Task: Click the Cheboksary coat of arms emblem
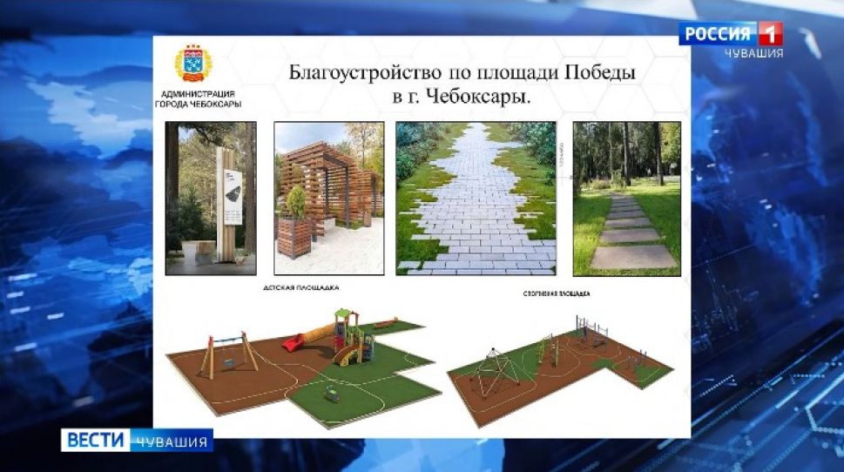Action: [x=192, y=65]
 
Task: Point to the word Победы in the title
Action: [x=598, y=73]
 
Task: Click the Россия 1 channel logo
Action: [x=731, y=34]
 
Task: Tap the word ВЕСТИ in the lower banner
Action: [x=95, y=441]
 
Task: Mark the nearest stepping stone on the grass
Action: [x=633, y=257]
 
